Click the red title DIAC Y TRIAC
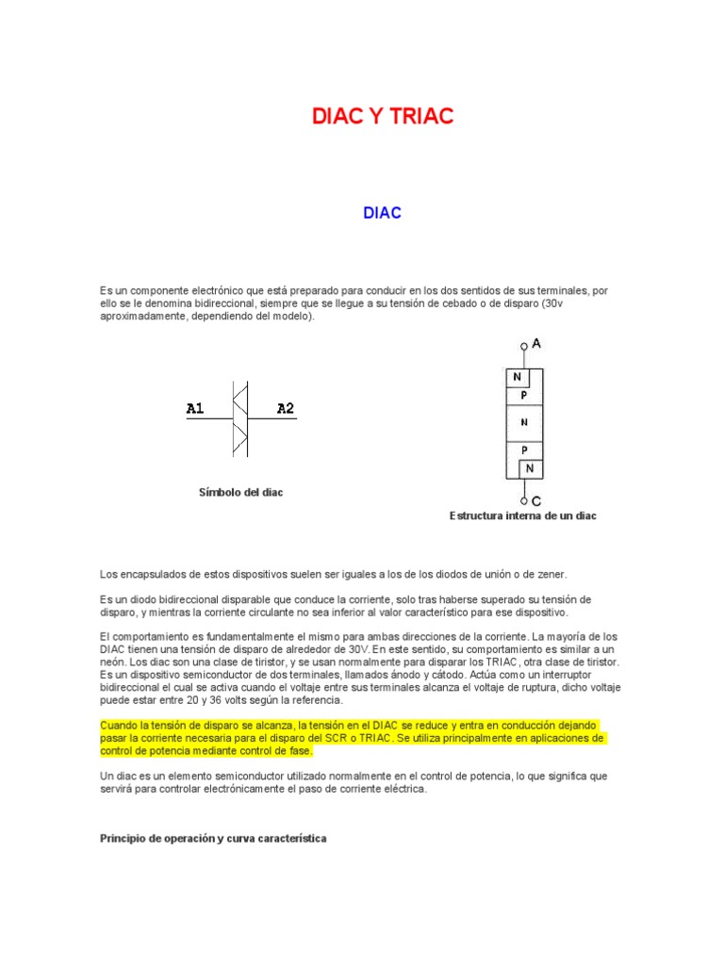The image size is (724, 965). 383,117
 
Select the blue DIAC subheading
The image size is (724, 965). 383,213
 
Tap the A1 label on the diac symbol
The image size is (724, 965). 195,409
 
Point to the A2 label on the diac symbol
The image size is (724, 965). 285,409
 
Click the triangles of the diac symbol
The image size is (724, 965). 239,419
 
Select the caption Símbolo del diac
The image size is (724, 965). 240,493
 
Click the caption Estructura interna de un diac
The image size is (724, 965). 523,515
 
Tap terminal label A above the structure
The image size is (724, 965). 536,344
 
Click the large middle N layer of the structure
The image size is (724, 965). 524,423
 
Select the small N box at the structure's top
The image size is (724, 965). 517,377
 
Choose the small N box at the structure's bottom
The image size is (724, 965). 530,468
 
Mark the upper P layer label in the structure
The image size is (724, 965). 524,396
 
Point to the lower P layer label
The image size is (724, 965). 524,450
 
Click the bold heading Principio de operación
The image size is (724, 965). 213,838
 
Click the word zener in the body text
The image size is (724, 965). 551,574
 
